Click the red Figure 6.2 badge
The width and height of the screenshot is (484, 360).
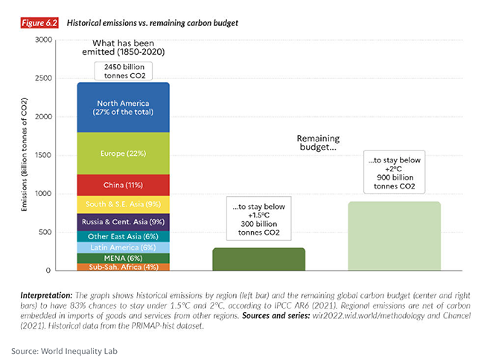pyautogui.click(x=37, y=23)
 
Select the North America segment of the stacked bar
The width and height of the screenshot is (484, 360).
pyautogui.click(x=124, y=107)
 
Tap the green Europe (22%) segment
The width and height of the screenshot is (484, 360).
pyautogui.click(x=124, y=153)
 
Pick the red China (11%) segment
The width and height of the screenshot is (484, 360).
pyautogui.click(x=124, y=184)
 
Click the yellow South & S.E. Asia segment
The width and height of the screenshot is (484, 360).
pyautogui.click(x=124, y=204)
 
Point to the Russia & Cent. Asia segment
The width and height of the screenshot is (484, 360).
pyautogui.click(x=124, y=221)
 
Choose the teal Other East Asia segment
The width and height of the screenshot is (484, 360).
pyautogui.click(x=124, y=236)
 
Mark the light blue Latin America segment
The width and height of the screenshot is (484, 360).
pyautogui.click(x=124, y=247)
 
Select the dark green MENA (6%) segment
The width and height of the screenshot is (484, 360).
pyautogui.click(x=124, y=258)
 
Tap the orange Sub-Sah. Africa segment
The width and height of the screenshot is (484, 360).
pyautogui.click(x=124, y=267)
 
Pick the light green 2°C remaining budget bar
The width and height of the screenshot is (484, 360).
pyautogui.click(x=394, y=236)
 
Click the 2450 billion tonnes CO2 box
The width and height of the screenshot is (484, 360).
pyautogui.click(x=124, y=71)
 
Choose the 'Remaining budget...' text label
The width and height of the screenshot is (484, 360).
pyautogui.click(x=319, y=143)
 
